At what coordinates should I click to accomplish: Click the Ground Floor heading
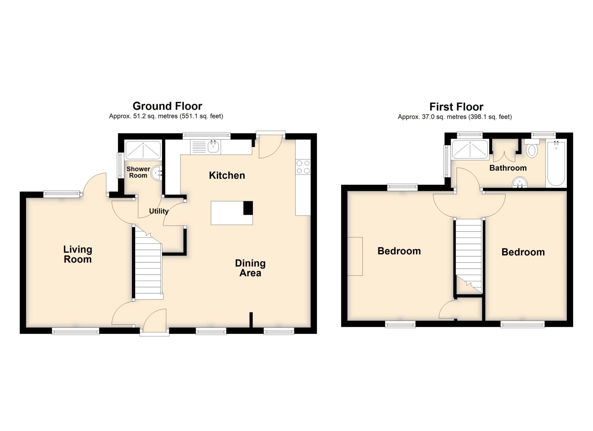pyautogui.click(x=167, y=106)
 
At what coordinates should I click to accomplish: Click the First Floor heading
pyautogui.click(x=456, y=107)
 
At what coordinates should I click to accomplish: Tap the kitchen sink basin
pyautogui.click(x=213, y=147)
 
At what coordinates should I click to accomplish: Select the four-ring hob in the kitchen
pyautogui.click(x=303, y=167)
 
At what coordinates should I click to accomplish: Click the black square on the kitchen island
pyautogui.click(x=248, y=208)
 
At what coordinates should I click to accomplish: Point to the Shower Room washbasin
pyautogui.click(x=158, y=173)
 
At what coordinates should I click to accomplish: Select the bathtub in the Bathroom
pyautogui.click(x=556, y=164)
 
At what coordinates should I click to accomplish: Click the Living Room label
pyautogui.click(x=78, y=254)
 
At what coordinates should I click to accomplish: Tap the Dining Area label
pyautogui.click(x=250, y=268)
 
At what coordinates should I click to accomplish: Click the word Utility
pyautogui.click(x=158, y=211)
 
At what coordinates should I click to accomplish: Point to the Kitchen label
pyautogui.click(x=227, y=175)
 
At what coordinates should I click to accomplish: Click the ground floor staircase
pyautogui.click(x=148, y=266)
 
